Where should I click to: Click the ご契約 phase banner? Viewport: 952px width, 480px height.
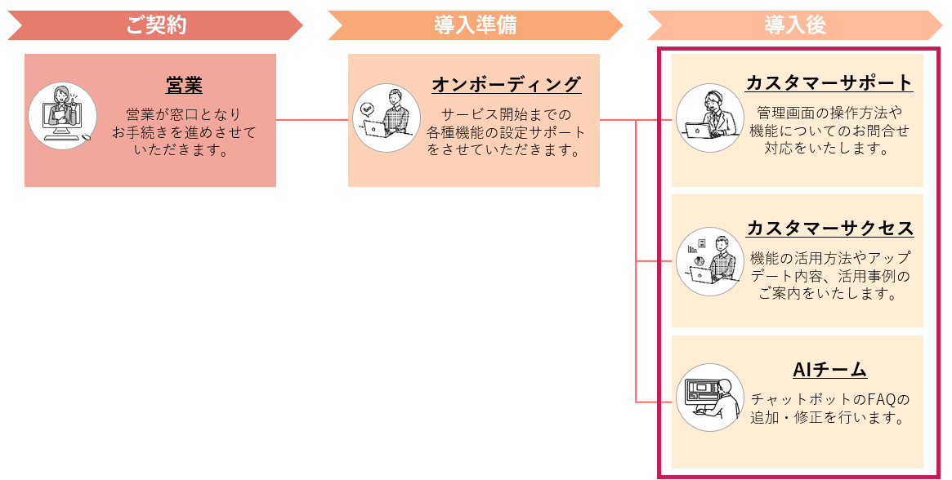(x=155, y=25)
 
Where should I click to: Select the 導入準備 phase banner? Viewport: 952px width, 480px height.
(x=475, y=25)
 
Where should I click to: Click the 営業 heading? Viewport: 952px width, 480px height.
(x=184, y=84)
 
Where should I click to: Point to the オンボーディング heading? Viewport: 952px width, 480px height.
(x=506, y=84)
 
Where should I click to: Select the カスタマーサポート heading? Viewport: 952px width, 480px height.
(x=829, y=82)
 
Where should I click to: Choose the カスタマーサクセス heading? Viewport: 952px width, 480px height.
(x=829, y=228)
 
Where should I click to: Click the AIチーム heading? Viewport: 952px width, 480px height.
(x=829, y=370)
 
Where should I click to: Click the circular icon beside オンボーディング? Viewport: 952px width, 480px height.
(x=387, y=118)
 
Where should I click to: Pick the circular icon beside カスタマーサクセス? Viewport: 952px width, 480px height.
(x=710, y=261)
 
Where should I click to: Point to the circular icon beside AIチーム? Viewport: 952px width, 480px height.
(x=710, y=398)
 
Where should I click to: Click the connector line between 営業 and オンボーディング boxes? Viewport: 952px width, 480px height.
(x=312, y=120)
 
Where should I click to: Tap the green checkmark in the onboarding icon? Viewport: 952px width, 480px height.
(x=368, y=107)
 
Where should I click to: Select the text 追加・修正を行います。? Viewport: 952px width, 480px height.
(x=829, y=418)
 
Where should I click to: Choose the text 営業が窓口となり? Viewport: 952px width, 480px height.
(x=184, y=114)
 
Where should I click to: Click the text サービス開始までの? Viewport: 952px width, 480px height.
(x=506, y=113)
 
